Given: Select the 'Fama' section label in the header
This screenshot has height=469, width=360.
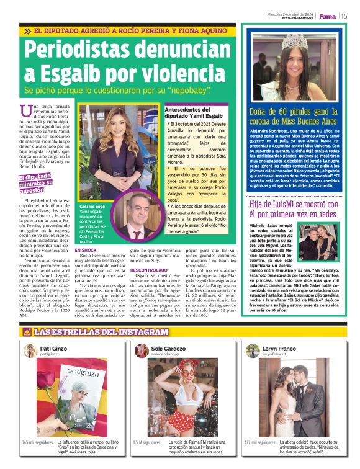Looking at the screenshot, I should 326,16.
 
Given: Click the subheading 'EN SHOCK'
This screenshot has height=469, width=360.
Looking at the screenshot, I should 86,250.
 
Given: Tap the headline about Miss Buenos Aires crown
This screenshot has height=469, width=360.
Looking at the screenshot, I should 294,117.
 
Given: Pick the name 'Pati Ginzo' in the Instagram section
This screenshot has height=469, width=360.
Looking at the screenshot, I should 54,349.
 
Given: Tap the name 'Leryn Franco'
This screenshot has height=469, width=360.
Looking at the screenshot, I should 279,349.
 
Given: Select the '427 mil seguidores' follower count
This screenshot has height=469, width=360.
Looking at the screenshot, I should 259,442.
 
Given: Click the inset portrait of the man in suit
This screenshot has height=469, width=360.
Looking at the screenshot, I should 133,217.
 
